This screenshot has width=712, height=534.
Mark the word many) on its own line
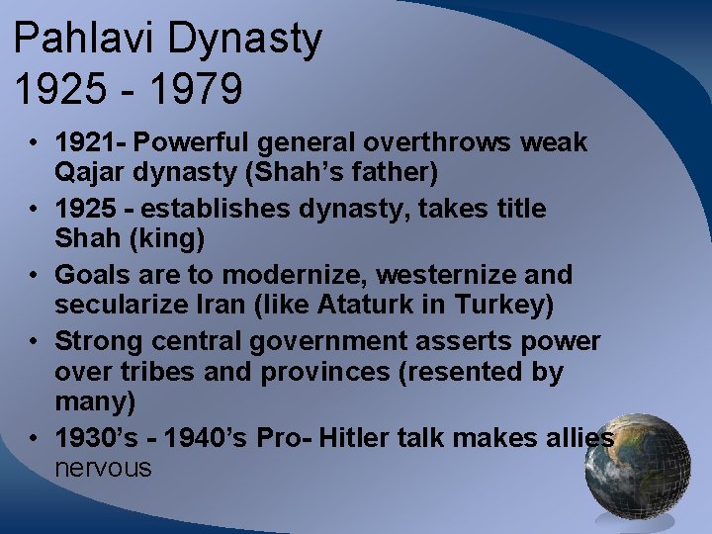click(x=95, y=401)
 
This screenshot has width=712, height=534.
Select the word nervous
click(x=104, y=468)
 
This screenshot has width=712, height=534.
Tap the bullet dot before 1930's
click(x=35, y=437)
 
